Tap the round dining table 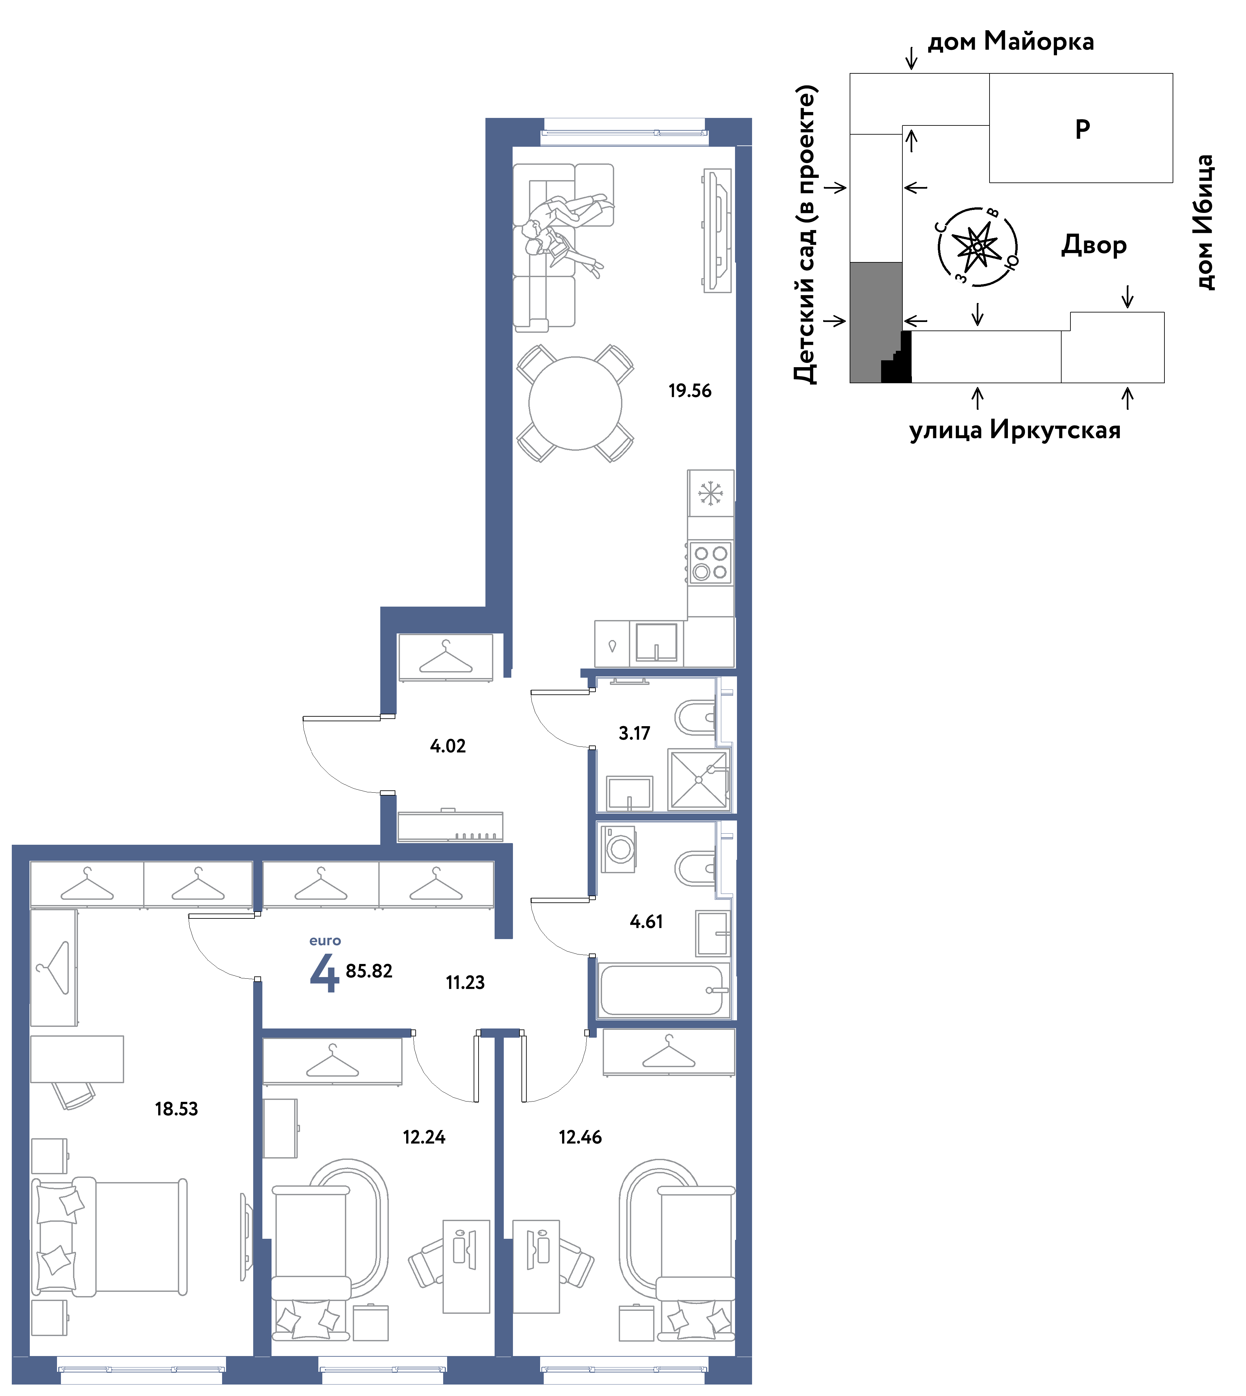click(x=575, y=403)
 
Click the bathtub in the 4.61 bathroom click(x=661, y=990)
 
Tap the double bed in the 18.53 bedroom click(x=109, y=1237)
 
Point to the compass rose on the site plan click(x=978, y=246)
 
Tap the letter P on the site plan click(x=1082, y=129)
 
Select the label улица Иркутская click(x=1015, y=431)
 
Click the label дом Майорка click(x=1010, y=42)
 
